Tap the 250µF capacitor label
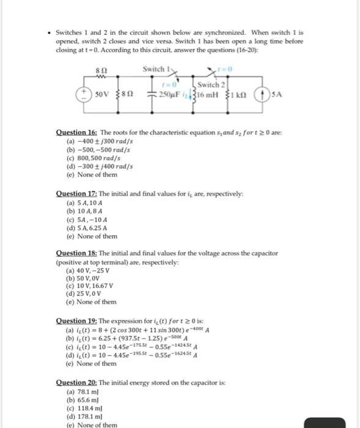tap(166, 95)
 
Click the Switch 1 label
tap(154, 68)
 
